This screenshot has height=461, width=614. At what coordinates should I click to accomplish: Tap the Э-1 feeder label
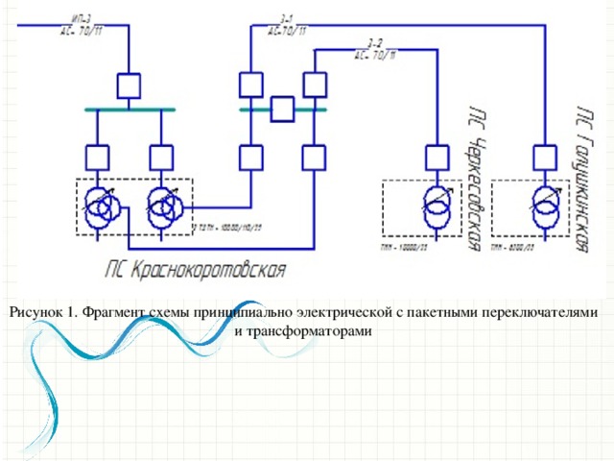click(287, 24)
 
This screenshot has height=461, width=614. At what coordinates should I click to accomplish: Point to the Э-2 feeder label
click(374, 49)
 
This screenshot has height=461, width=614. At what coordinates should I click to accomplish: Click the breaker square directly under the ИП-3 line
click(129, 85)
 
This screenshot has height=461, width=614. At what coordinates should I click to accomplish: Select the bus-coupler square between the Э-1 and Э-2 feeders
click(282, 109)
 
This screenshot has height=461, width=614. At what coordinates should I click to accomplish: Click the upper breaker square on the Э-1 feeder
click(251, 85)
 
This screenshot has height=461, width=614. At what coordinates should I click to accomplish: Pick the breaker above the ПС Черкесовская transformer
click(437, 157)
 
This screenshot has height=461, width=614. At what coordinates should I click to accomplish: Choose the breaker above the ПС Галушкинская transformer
click(546, 157)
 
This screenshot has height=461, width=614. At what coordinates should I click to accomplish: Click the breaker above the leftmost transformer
click(98, 158)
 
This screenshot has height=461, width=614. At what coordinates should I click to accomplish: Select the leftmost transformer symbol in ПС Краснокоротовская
click(99, 207)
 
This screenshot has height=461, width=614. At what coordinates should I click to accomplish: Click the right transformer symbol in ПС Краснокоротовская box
click(162, 207)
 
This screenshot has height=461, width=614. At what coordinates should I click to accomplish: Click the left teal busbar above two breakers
click(130, 110)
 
